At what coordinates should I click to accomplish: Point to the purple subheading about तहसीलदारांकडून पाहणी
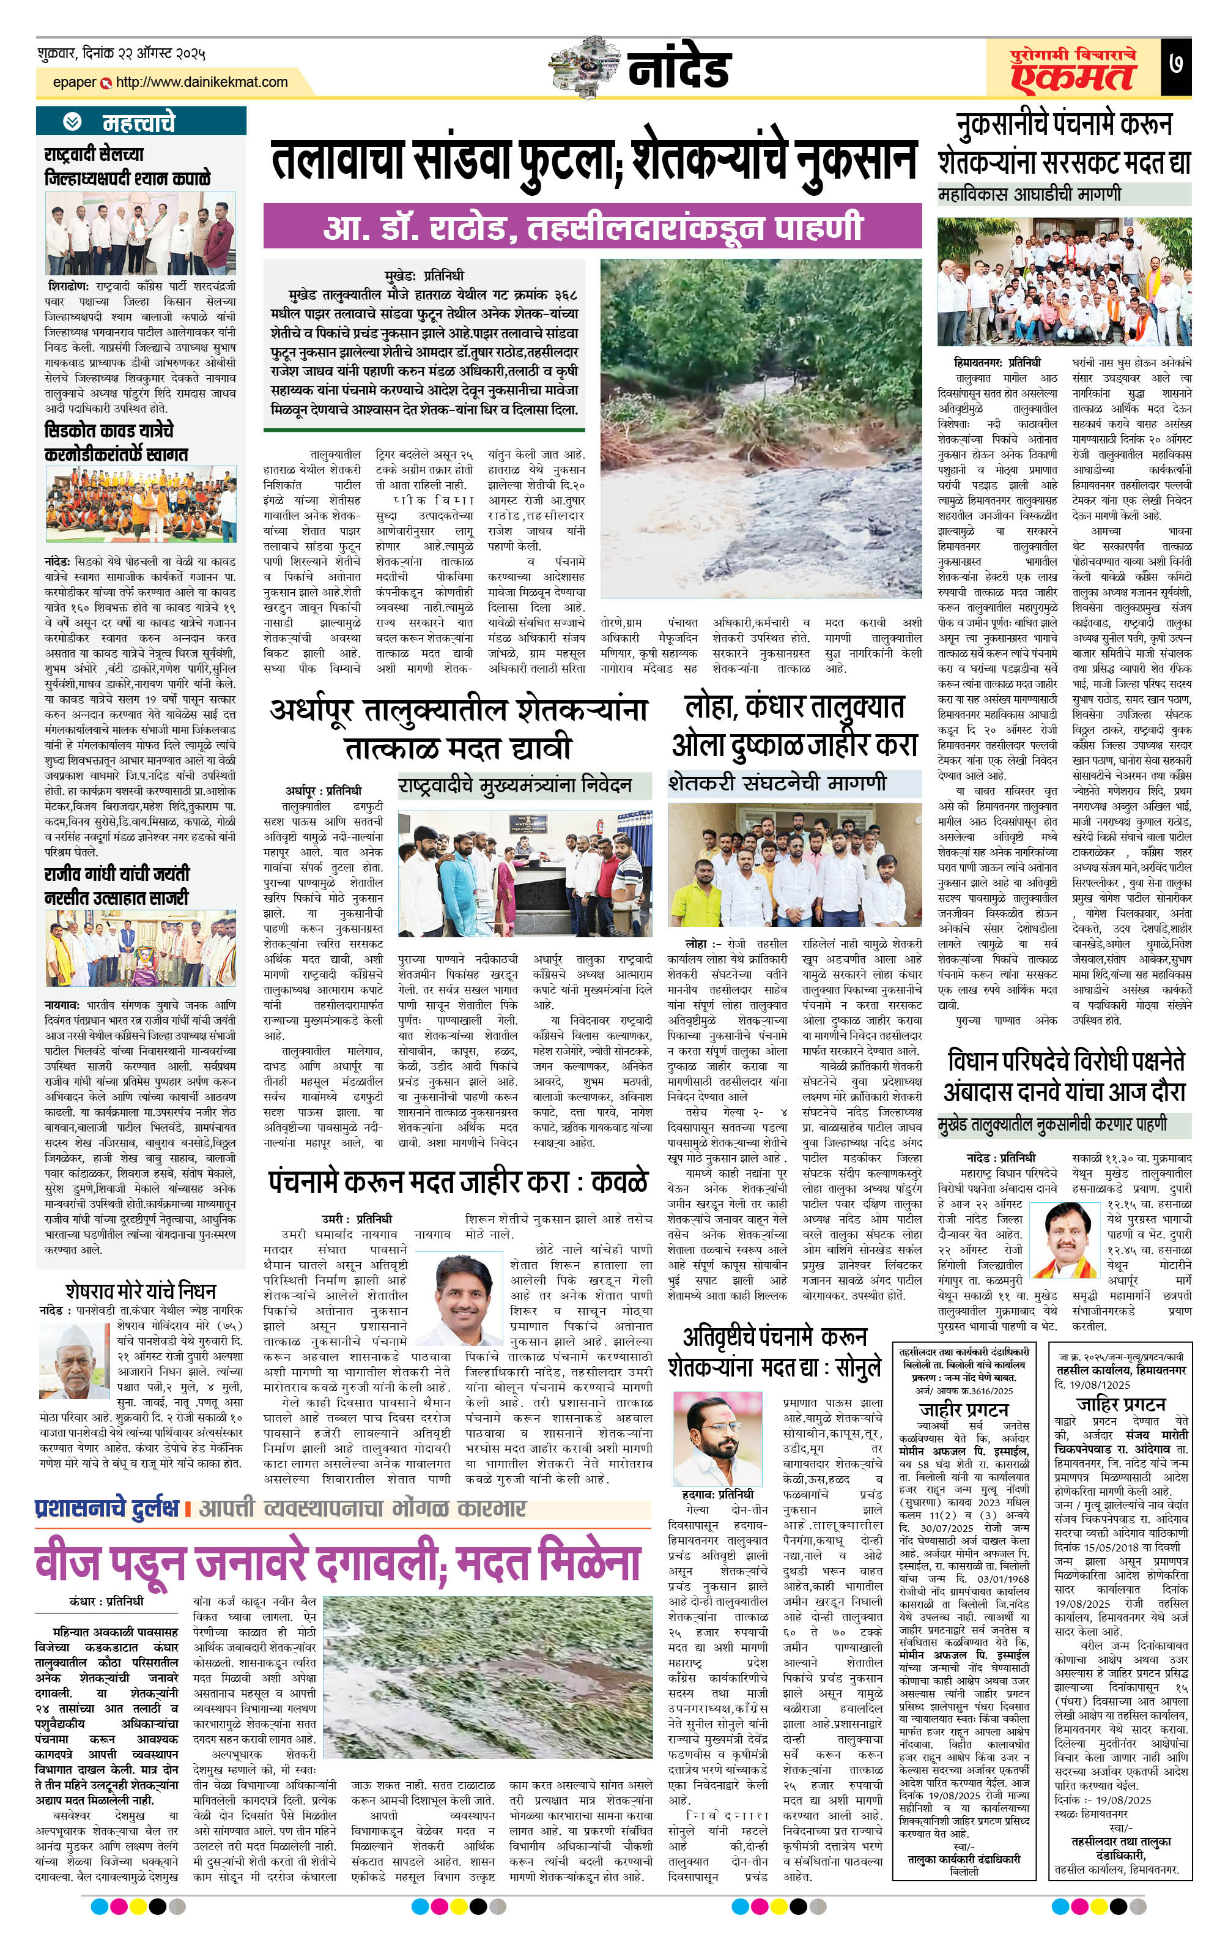592,226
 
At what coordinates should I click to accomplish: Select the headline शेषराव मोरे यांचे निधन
141,1290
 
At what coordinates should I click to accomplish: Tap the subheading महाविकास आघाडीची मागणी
1029,195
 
